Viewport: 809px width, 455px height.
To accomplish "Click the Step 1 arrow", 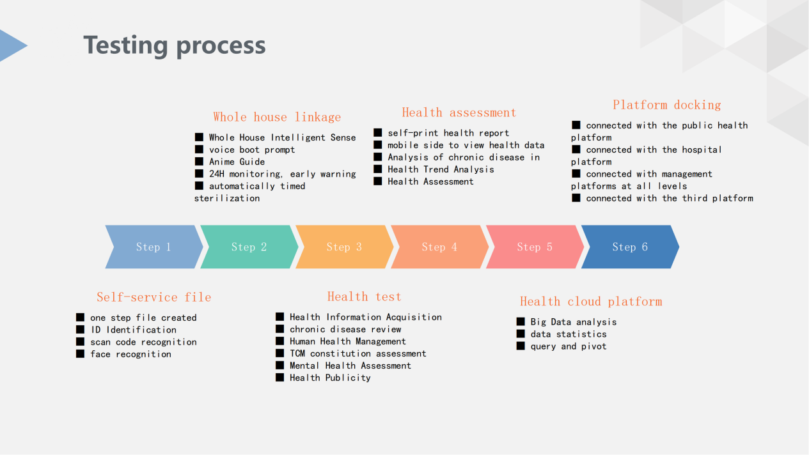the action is click(154, 247).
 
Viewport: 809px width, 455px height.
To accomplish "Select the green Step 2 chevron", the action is click(249, 247).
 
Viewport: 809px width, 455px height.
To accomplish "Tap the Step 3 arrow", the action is click(345, 247).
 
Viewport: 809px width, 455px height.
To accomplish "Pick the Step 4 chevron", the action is click(440, 247).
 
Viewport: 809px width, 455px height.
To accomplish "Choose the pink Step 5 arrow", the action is click(535, 247).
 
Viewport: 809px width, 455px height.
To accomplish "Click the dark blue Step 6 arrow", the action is click(630, 247).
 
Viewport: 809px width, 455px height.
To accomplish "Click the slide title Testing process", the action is click(175, 46).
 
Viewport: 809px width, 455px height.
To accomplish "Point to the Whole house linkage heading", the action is click(277, 117).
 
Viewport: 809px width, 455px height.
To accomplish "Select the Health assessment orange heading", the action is click(459, 112).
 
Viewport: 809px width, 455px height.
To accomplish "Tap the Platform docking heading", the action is click(666, 105).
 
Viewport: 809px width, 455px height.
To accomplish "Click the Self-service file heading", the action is click(154, 297).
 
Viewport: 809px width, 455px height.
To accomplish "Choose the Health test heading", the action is click(364, 297).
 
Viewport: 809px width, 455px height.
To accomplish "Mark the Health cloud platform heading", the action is click(591, 301).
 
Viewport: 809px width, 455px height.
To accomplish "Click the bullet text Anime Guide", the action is click(237, 162).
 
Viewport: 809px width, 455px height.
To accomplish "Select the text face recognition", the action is click(130, 354).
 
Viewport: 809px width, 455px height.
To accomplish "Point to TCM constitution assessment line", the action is click(358, 353).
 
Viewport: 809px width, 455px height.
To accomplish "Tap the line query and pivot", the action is click(569, 346).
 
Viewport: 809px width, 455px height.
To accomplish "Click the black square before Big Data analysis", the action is click(521, 321).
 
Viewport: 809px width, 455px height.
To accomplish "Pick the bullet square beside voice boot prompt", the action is click(199, 149).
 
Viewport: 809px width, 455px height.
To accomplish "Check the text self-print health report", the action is click(448, 133).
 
